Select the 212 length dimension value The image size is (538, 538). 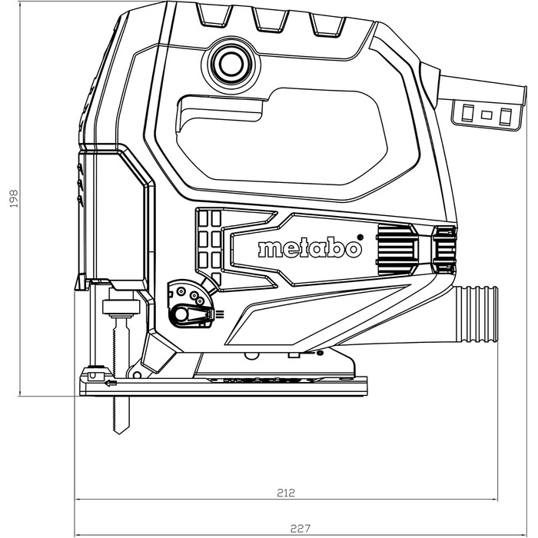(x=285, y=492)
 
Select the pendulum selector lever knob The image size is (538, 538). (x=184, y=313)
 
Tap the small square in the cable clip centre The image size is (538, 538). (x=487, y=115)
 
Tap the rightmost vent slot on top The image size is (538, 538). (x=327, y=24)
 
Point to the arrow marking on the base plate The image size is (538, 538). (x=111, y=381)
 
